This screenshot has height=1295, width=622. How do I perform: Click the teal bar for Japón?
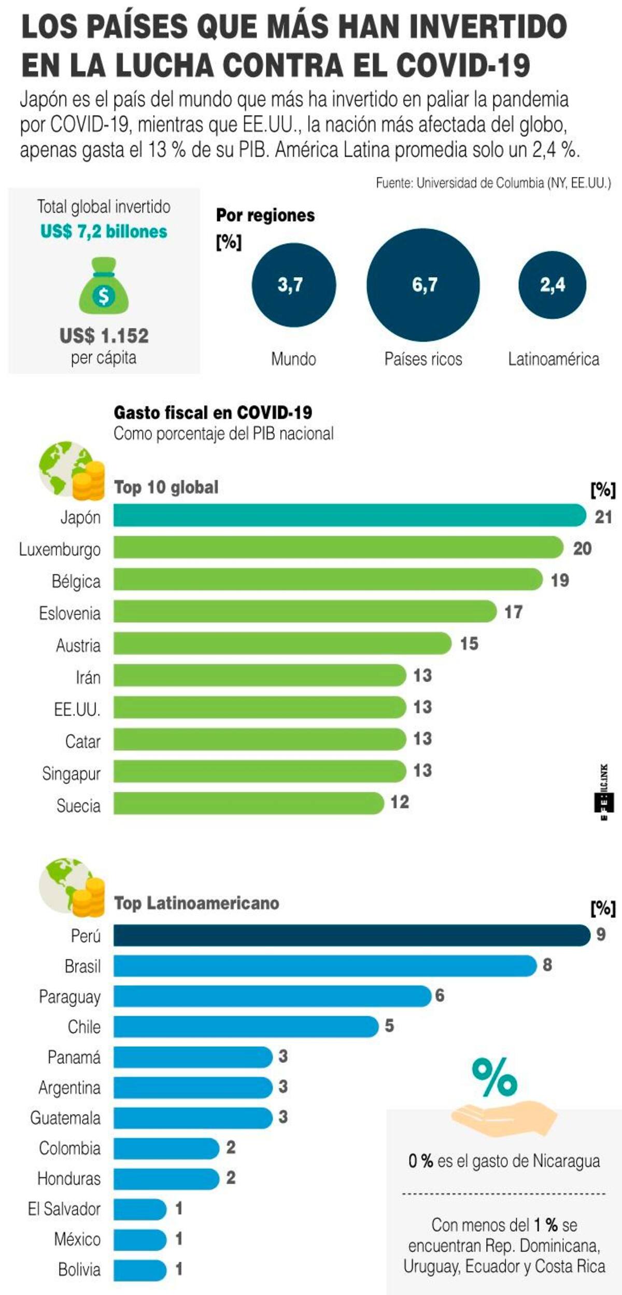click(x=350, y=515)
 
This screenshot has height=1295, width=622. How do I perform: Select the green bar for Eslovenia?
click(x=305, y=611)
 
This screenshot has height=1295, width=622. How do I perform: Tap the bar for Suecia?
click(x=249, y=803)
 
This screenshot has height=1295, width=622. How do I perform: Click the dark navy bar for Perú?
click(x=352, y=935)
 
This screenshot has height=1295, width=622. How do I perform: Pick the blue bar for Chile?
click(x=246, y=1026)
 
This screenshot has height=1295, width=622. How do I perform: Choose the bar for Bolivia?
click(x=140, y=1269)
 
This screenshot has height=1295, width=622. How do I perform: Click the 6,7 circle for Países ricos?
click(x=423, y=285)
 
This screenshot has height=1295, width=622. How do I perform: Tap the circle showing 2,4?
click(x=553, y=285)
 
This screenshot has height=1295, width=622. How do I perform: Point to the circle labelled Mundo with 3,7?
click(x=294, y=285)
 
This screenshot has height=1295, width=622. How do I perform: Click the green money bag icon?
click(x=104, y=285)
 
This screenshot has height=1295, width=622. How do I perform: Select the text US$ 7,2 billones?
click(x=104, y=231)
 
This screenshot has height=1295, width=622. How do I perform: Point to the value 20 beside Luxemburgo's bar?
click(x=582, y=548)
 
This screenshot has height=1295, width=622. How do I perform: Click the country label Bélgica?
click(x=76, y=581)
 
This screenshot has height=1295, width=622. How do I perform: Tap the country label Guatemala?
click(x=65, y=1117)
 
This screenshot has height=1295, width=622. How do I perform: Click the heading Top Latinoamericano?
click(x=196, y=903)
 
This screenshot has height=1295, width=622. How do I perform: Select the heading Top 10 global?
click(x=166, y=487)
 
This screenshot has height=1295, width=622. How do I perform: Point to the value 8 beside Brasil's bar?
click(x=547, y=965)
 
